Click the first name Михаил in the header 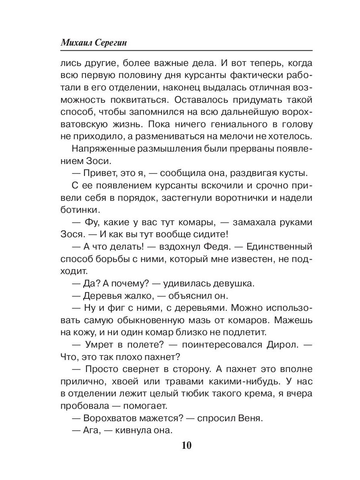pyautogui.click(x=76, y=43)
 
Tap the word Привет pyautogui.click(x=98, y=173)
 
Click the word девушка pyautogui.click(x=228, y=284)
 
